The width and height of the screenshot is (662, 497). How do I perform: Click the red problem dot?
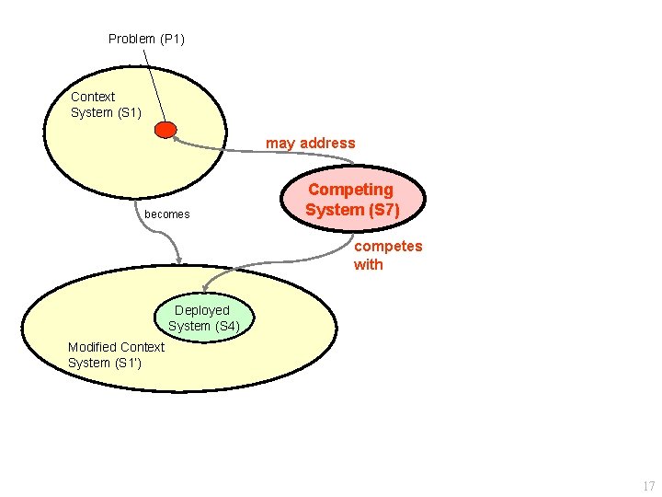(x=165, y=130)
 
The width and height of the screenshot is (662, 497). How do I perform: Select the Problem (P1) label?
(x=146, y=39)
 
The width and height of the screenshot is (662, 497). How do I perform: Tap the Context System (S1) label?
(x=106, y=104)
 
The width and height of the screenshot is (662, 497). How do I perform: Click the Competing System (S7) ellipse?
(x=352, y=200)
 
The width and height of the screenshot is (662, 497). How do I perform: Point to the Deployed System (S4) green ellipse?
(x=203, y=318)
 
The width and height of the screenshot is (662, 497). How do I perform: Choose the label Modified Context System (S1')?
(x=116, y=354)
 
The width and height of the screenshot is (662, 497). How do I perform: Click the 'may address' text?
(x=310, y=143)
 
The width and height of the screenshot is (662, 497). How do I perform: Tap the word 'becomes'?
(x=167, y=214)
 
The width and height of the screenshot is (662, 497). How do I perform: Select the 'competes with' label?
(x=388, y=255)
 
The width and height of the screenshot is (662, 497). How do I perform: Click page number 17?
(x=648, y=486)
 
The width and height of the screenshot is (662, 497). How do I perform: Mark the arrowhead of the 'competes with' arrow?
(x=207, y=284)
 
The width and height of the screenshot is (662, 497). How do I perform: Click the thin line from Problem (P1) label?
(x=154, y=83)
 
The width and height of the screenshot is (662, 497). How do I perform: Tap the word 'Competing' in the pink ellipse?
(x=350, y=190)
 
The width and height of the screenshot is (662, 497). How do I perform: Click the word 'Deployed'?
(x=201, y=310)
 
